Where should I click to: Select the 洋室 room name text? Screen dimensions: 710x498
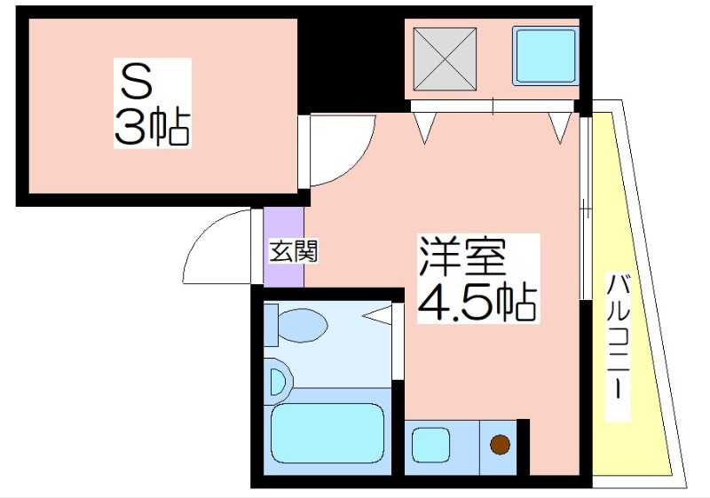(x=461, y=257)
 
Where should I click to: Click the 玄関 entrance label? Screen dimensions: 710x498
(x=294, y=251)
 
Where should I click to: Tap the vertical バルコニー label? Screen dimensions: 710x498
(x=618, y=337)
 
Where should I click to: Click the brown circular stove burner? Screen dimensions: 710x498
(x=500, y=445)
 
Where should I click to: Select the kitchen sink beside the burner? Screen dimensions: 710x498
(x=430, y=446)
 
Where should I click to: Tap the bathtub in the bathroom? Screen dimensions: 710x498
(x=327, y=434)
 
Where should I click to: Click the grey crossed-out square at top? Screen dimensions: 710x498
(x=445, y=59)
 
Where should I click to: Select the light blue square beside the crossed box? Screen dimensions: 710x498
(x=546, y=56)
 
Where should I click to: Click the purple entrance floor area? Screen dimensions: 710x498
(x=283, y=247)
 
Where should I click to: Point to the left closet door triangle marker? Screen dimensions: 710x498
(x=425, y=128)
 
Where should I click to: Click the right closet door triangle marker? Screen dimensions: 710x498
(x=560, y=128)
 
